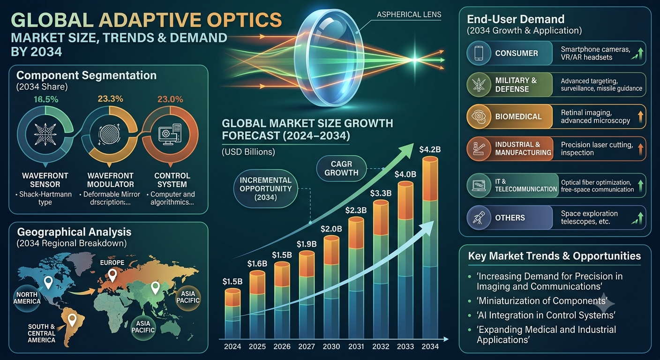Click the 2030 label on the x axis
tap(331, 346)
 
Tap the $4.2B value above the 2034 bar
tap(430, 150)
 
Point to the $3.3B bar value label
tap(381, 193)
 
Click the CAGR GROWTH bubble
tap(342, 168)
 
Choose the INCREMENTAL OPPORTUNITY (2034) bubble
tap(265, 188)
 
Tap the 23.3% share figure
tap(110, 99)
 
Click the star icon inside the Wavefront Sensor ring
tap(45, 134)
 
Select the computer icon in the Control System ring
tap(170, 135)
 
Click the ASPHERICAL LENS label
tap(409, 15)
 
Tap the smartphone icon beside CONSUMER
tap(479, 53)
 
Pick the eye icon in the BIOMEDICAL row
tap(479, 116)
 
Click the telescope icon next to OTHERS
tap(479, 217)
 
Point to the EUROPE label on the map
tap(112, 262)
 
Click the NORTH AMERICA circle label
tap(27, 298)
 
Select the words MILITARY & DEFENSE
tap(516, 85)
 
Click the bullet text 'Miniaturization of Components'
tap(542, 301)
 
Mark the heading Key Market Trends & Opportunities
tap(554, 256)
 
